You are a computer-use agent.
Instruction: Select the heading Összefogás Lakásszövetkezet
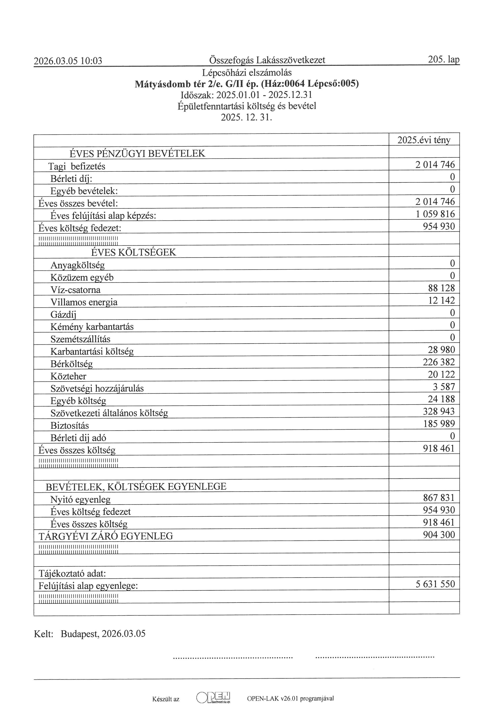(267, 60)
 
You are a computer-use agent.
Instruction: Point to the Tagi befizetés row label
(77, 166)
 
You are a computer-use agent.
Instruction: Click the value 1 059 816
(435, 214)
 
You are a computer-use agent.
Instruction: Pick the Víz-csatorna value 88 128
(441, 288)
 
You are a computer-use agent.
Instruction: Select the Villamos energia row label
(84, 302)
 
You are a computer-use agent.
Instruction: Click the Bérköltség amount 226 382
(439, 362)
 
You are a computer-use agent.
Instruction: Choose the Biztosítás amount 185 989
(439, 424)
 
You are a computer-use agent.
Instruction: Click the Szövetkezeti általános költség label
(109, 413)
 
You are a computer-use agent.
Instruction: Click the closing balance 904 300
(439, 535)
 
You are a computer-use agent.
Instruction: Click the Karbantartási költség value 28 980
(441, 350)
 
